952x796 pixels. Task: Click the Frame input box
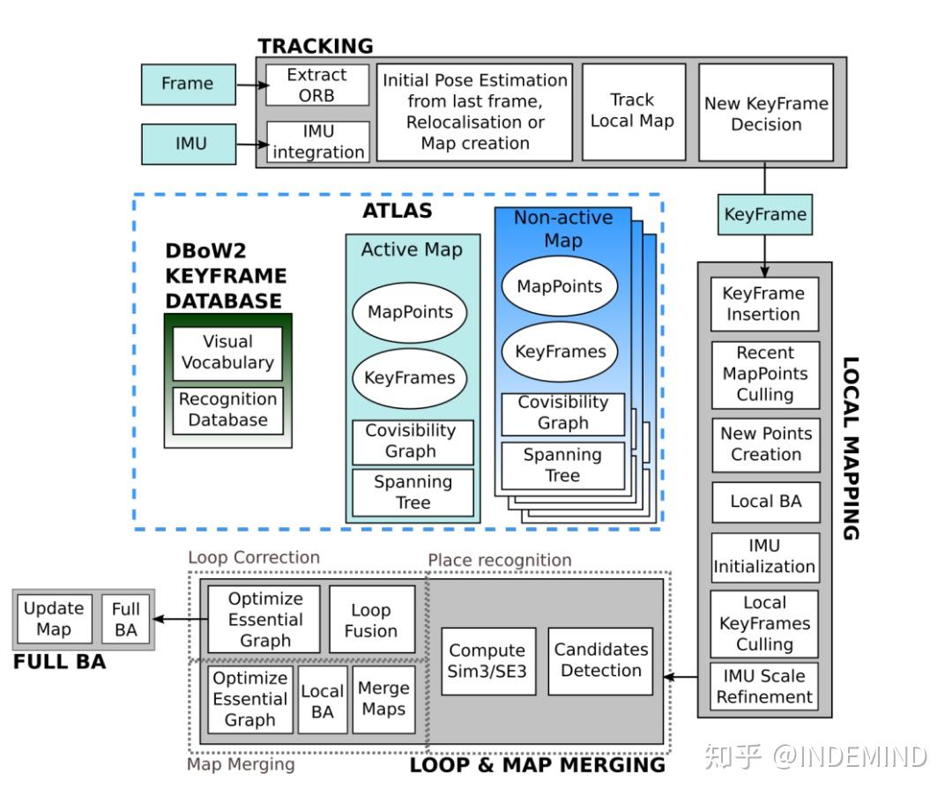coord(189,85)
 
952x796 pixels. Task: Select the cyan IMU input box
coord(189,144)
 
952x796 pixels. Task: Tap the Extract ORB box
coord(317,85)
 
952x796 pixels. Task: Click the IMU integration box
coord(318,141)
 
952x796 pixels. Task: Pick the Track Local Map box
coord(634,112)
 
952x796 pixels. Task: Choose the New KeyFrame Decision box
coord(766,112)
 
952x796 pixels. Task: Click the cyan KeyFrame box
coord(765,214)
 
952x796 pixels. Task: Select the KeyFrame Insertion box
coord(764,304)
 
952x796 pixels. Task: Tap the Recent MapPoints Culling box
coord(766,375)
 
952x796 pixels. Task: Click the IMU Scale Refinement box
coord(764,686)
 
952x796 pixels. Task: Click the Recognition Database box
coord(227,411)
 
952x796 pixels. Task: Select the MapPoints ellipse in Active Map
coord(410,313)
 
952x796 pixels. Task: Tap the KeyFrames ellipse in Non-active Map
coord(560,352)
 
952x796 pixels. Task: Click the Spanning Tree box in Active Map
coord(413,493)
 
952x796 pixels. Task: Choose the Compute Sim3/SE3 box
coord(488,661)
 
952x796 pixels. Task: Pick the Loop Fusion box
coord(372,620)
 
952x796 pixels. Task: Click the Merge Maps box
coord(383,699)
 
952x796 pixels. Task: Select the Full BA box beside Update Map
coord(126,620)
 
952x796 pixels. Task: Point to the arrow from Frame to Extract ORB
coord(251,85)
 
